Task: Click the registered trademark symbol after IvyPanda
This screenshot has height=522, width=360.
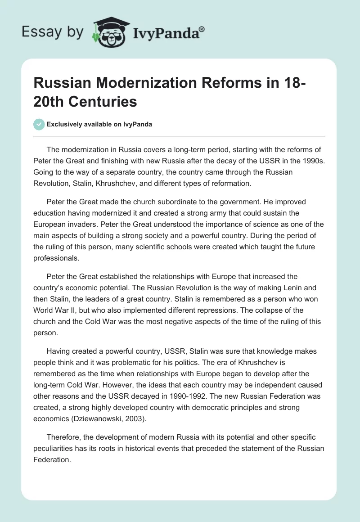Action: [202, 29]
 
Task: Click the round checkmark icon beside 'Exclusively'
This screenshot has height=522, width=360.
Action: [39, 124]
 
